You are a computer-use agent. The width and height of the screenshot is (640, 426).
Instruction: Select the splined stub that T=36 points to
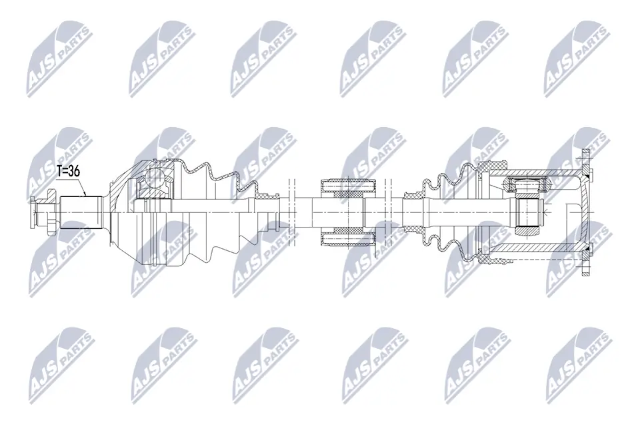click(x=81, y=212)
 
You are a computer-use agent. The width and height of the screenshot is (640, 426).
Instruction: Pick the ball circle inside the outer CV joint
click(x=155, y=179)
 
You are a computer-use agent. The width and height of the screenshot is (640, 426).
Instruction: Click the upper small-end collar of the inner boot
click(x=412, y=194)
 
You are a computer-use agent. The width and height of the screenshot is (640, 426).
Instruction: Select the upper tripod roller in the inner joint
click(x=527, y=184)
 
